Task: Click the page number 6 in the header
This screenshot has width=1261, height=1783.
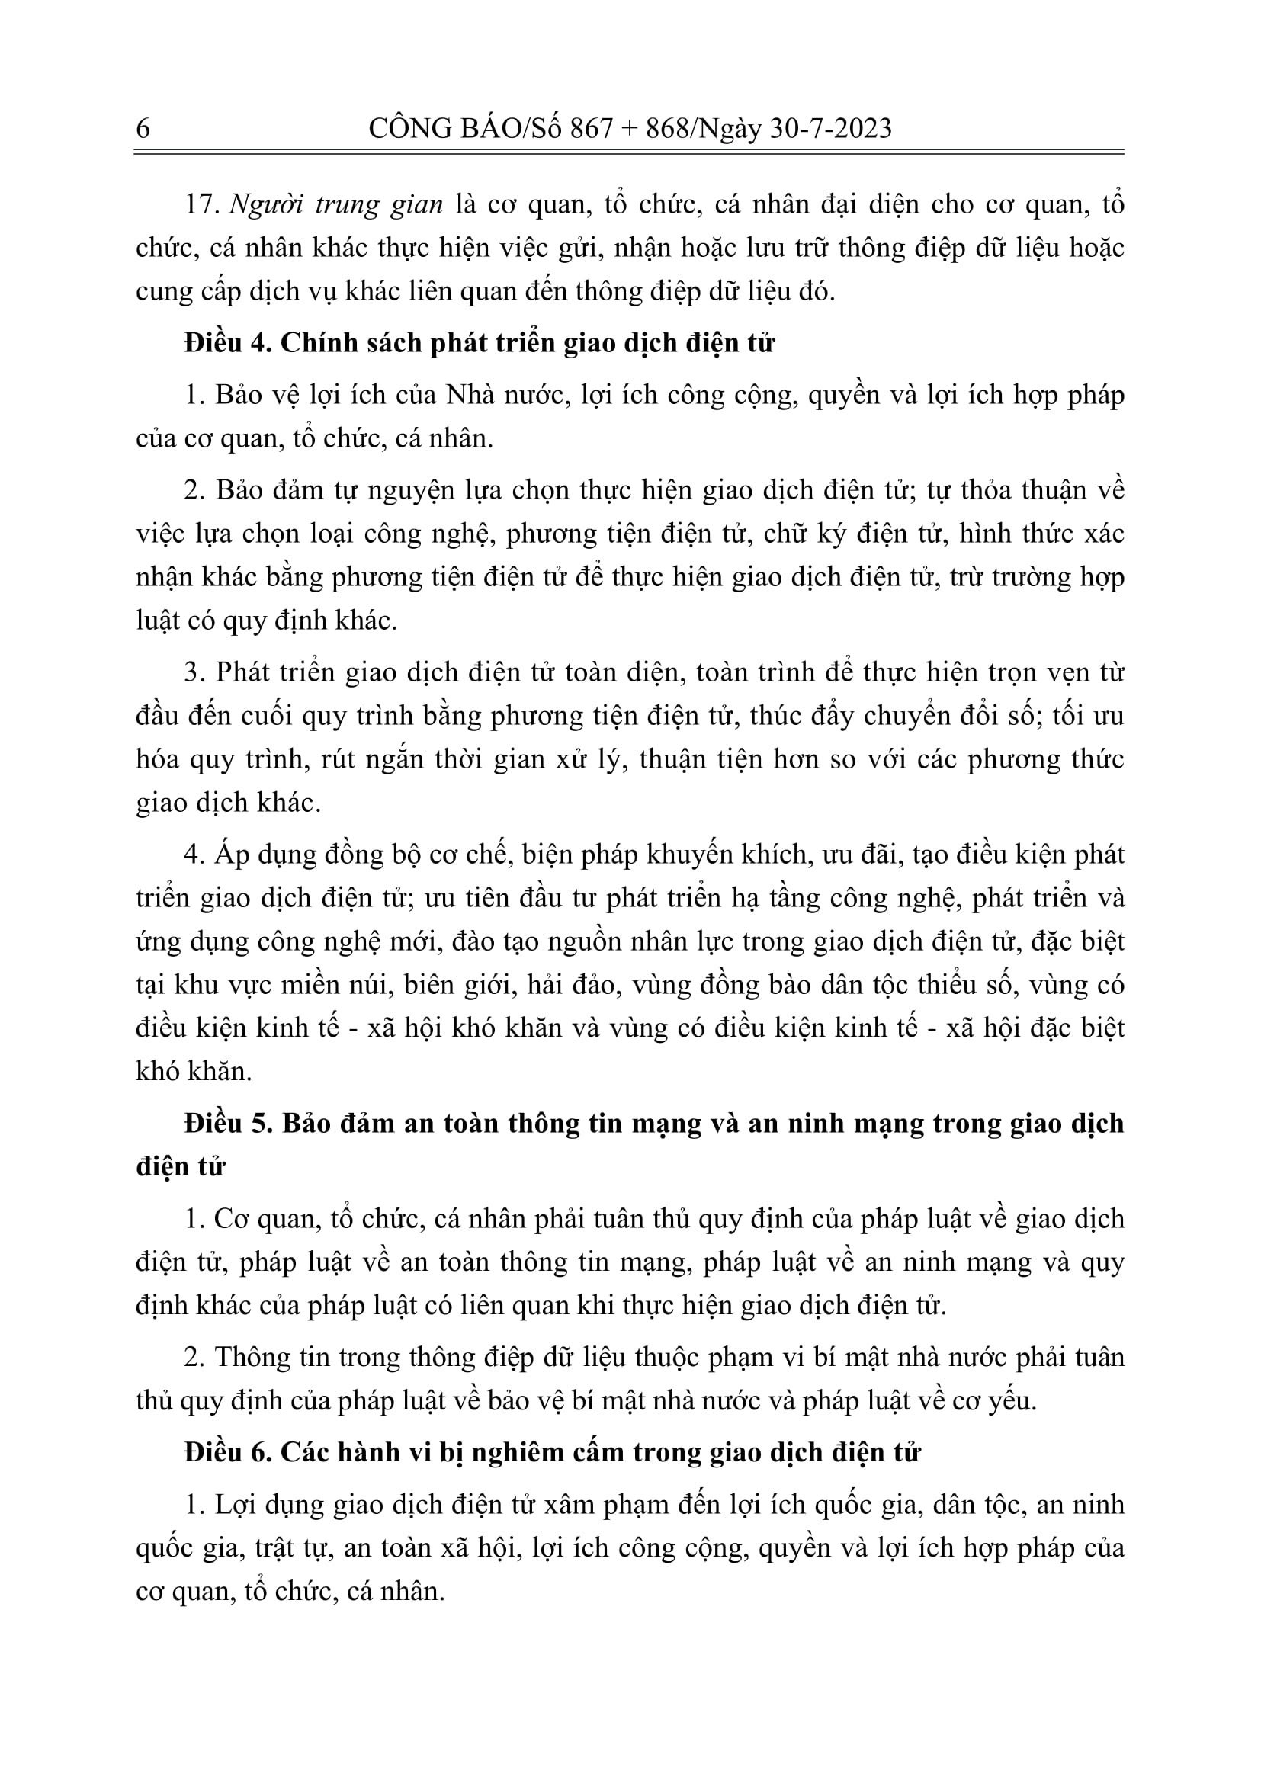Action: coord(143,128)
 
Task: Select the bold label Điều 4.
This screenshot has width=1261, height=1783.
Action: coord(226,342)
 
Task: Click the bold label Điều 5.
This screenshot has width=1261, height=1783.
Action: coord(226,1124)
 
